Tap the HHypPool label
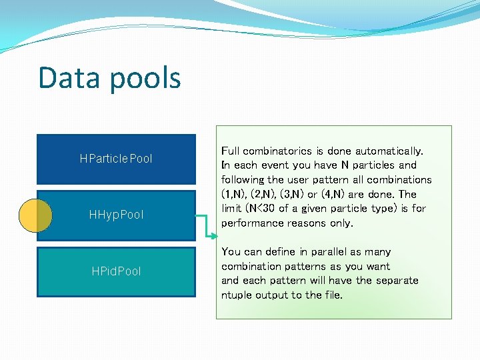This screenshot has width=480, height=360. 116,215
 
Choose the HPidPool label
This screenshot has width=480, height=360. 116,271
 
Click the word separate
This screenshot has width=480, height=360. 397,281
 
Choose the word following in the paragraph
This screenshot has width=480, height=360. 243,180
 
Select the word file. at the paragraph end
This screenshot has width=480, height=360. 331,295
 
